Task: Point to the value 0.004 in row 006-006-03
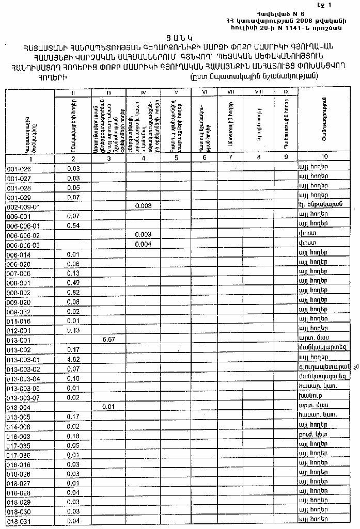(x=143, y=244)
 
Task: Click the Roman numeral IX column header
(x=286, y=92)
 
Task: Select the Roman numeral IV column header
(x=143, y=92)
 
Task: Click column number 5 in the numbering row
(x=176, y=157)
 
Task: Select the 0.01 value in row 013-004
(x=108, y=406)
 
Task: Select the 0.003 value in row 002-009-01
(x=143, y=206)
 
